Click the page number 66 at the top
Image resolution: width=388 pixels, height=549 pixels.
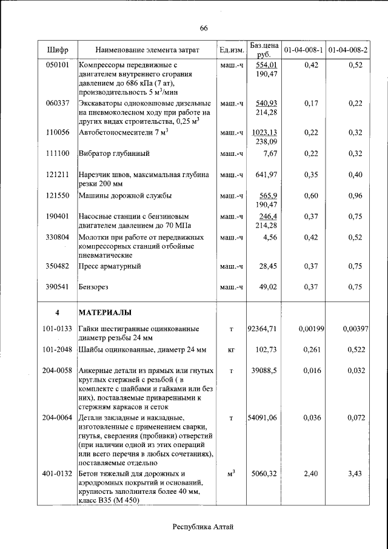pos(204,28)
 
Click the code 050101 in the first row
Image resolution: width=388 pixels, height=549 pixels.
pos(57,65)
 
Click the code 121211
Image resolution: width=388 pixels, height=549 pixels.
pos(57,175)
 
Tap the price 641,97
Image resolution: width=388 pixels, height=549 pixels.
pos(266,175)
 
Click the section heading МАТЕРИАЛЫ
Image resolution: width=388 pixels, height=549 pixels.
pos(105,312)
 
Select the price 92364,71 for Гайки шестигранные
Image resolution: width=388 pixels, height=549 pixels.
pos(263,329)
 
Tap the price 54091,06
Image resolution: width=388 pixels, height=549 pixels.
pos(263,418)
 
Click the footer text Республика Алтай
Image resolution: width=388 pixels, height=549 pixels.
pos(203,527)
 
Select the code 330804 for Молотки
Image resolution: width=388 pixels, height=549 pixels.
pos(57,237)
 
